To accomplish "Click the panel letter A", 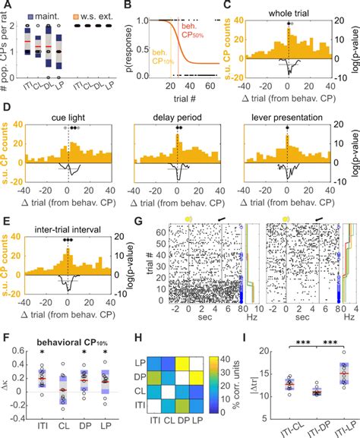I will [x=5, y=7].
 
